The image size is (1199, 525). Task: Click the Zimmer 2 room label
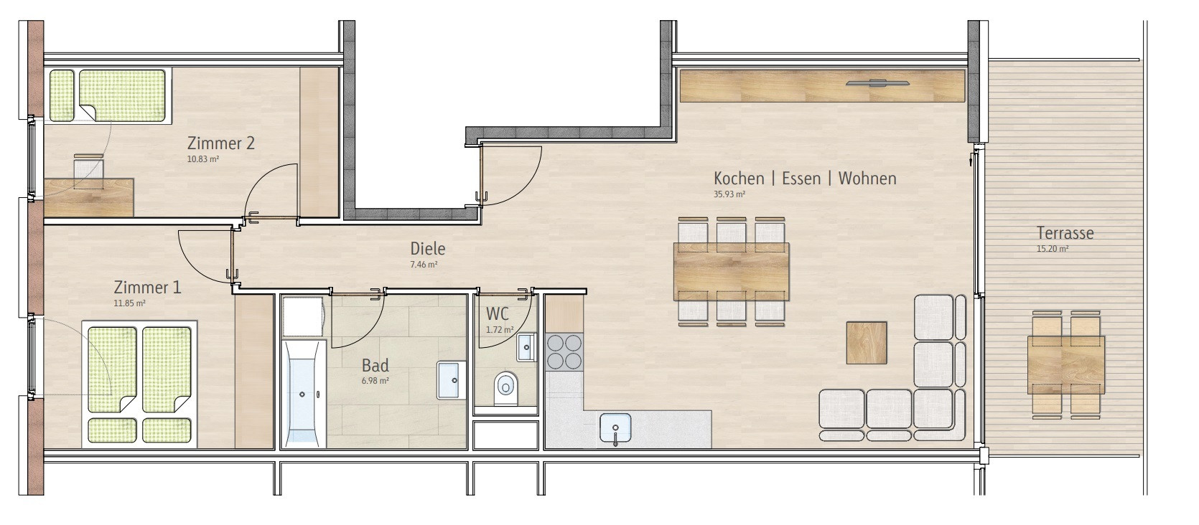220,143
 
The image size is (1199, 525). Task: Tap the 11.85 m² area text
129,303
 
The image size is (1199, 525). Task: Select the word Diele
428,249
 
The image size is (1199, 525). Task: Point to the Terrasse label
1065,233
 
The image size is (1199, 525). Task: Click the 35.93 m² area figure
729,194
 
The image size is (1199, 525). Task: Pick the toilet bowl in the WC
506,388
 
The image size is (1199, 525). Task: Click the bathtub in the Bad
303,394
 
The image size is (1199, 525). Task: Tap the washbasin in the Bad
451,380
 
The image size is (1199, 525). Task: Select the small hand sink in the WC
526,347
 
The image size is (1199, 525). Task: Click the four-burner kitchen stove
564,351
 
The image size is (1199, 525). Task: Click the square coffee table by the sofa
867,343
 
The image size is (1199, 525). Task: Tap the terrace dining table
1066,365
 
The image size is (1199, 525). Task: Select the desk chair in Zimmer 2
88,171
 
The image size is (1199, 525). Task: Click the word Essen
801,178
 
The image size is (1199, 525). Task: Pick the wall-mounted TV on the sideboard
878,83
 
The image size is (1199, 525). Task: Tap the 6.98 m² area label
375,381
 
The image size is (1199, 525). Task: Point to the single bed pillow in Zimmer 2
62,95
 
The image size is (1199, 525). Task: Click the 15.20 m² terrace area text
1053,249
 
